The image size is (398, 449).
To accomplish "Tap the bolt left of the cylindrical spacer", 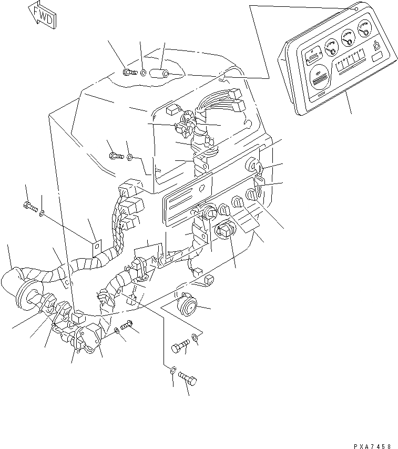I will tap(128, 72).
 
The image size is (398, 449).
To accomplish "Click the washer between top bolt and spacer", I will tap(143, 71).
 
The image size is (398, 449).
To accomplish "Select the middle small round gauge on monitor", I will tap(348, 38).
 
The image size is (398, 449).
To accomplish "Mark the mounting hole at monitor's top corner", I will tap(356, 9).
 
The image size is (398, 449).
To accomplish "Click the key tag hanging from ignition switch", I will tap(260, 180).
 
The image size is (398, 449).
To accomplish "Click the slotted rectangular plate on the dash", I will tap(186, 199).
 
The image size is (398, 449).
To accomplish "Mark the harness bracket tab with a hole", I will tap(95, 246).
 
